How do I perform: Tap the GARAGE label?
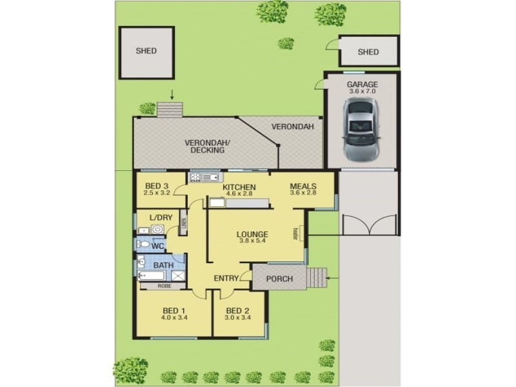click(x=362, y=84)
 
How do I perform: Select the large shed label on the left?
click(x=146, y=51)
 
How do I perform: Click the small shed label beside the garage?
click(x=368, y=52)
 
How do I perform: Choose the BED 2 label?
click(x=238, y=310)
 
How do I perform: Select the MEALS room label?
click(x=303, y=185)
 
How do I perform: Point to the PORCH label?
click(x=279, y=279)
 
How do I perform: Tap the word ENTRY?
click(x=226, y=279)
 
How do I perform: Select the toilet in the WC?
click(x=145, y=245)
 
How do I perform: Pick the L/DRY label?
click(x=161, y=217)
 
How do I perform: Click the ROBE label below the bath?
click(x=164, y=286)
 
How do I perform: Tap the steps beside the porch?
click(x=316, y=278)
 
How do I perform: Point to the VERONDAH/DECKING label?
click(x=204, y=146)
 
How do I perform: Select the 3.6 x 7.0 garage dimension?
click(x=362, y=92)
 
